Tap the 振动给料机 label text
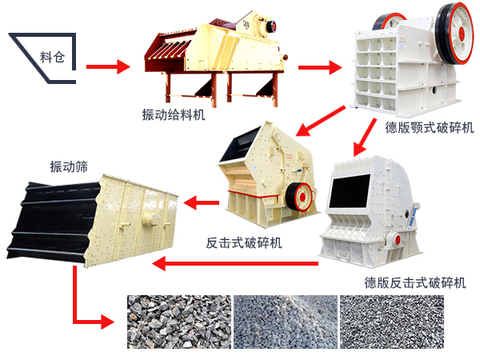[174, 114]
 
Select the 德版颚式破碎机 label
[429, 128]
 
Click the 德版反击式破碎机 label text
[414, 282]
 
